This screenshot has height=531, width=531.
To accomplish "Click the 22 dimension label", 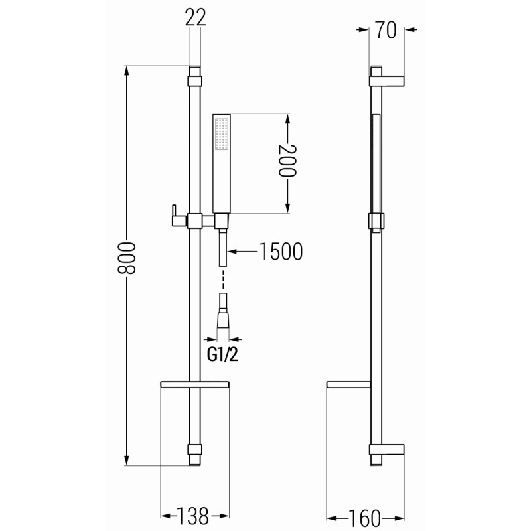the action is (x=195, y=17).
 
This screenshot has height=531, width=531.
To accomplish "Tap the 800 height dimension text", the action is (x=126, y=258).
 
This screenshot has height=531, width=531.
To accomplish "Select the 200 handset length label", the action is (x=287, y=161).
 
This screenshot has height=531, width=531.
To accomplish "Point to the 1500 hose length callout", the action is (x=281, y=252).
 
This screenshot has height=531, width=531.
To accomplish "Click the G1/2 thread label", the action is (x=222, y=354).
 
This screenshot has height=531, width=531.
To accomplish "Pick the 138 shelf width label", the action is (x=193, y=516).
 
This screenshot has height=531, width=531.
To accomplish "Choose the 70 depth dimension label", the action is (x=386, y=30).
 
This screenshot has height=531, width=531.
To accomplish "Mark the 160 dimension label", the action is (x=364, y=518).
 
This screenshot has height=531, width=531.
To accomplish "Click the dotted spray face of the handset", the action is (x=222, y=135).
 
